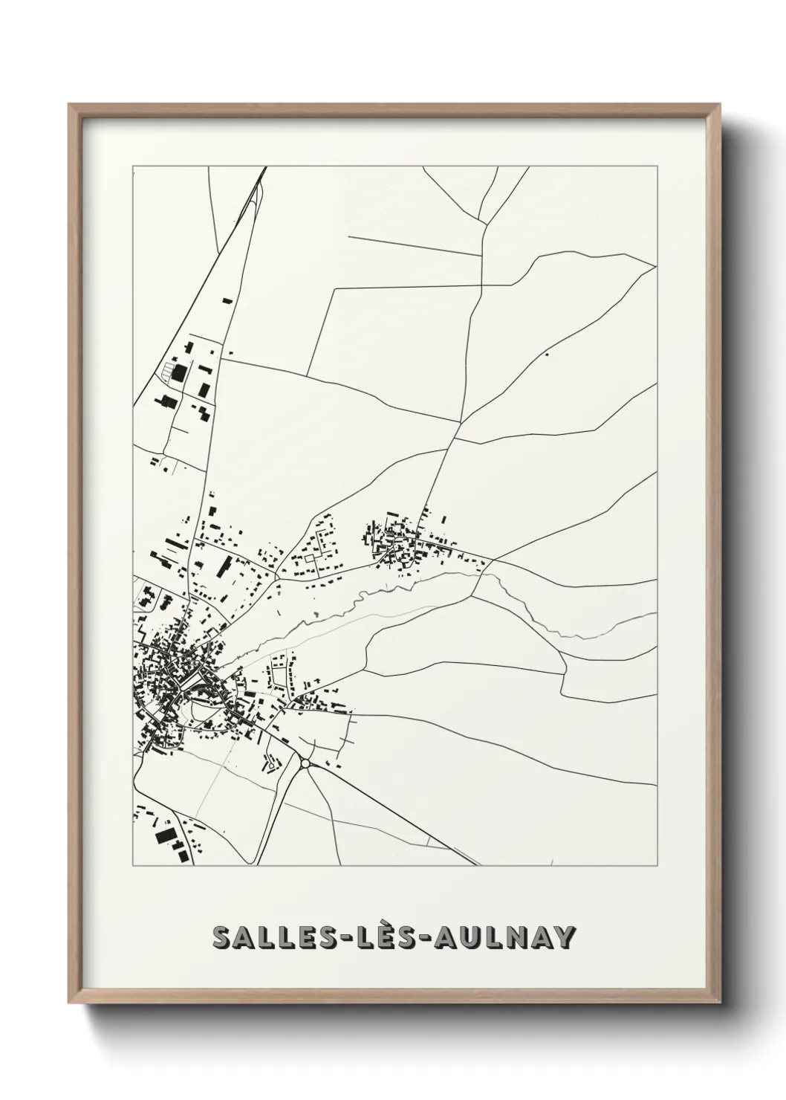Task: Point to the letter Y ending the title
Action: click(x=564, y=938)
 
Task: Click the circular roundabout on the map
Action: click(x=305, y=763)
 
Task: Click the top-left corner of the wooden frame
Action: click(x=70, y=106)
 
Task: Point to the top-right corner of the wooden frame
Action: click(x=720, y=106)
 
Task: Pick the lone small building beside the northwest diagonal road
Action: click(x=227, y=301)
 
